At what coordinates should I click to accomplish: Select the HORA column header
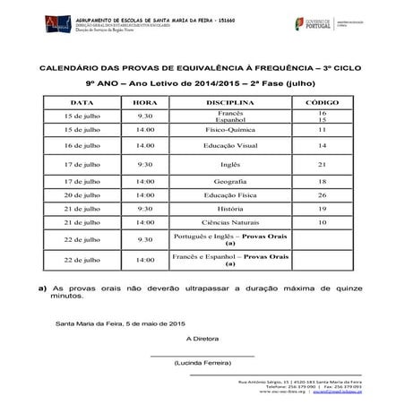pyautogui.click(x=145, y=103)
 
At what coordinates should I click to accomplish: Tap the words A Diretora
pyautogui.click(x=202, y=339)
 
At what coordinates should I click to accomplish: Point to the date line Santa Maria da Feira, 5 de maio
pyautogui.click(x=119, y=322)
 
